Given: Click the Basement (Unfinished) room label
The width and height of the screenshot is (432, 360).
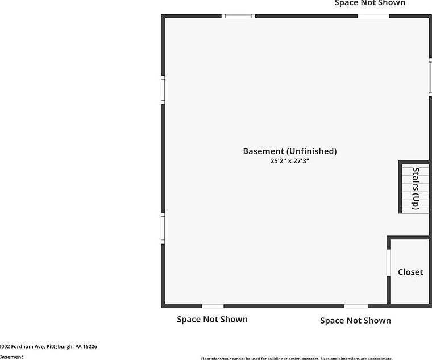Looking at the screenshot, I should coord(290,151).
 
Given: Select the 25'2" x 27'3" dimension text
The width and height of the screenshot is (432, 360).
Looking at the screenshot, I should coord(290,161).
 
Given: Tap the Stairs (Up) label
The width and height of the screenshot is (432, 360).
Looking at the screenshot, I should coord(416,188).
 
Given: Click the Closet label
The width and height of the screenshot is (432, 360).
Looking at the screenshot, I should coord(410,272).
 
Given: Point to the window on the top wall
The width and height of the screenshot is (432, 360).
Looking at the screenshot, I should coord(238,16).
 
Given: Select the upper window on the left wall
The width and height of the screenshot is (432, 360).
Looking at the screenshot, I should coord(163,90).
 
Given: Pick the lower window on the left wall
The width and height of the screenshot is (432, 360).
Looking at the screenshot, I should coord(163,228).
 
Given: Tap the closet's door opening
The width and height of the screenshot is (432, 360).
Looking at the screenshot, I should coord(389,263).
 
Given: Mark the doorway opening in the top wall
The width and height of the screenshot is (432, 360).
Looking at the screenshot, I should coord(373,16).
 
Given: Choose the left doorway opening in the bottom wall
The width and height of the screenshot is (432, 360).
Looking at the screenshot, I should coord(213,306).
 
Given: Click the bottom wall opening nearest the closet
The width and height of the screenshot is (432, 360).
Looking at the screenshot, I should coord(356,306).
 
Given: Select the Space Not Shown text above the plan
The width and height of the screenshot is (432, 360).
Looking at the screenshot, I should coord(370,3).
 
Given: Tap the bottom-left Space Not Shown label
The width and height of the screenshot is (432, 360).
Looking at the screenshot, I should coord(212,319).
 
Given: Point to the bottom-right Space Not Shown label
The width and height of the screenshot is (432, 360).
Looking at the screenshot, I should coord(355,321).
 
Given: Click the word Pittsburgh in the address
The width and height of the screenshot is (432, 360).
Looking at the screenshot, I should coord(58,346).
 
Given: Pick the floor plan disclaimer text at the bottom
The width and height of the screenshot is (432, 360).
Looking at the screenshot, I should coord(297,358).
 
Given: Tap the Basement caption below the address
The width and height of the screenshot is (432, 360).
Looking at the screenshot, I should coord(11,357).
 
